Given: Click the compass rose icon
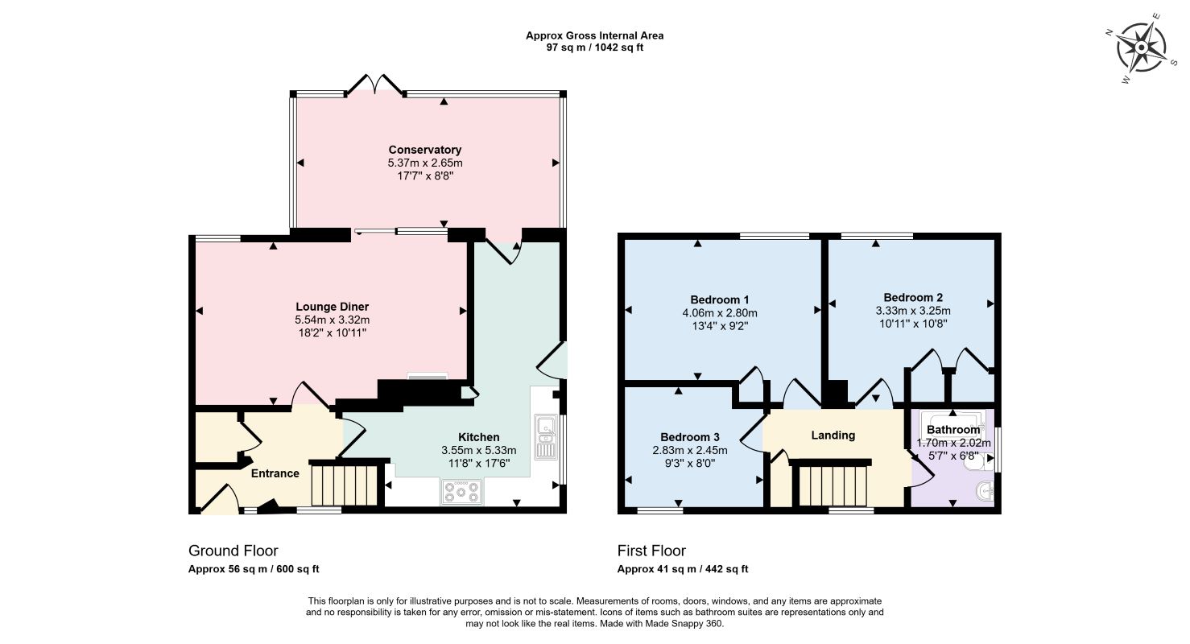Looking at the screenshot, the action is click(1141, 48).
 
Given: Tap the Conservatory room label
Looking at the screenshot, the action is click(424, 150).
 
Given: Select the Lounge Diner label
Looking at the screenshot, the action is click(332, 307).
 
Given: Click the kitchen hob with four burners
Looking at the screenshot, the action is click(461, 492).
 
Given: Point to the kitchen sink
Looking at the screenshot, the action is click(544, 436).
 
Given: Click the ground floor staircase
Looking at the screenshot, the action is click(345, 485).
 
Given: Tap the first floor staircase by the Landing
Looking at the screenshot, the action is click(833, 485).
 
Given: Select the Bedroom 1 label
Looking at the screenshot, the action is click(719, 299).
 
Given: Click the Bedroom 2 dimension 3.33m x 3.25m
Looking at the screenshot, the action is click(913, 311).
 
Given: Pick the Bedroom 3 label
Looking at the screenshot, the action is click(689, 437).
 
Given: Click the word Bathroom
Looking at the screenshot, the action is click(953, 429).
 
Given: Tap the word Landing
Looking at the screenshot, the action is click(833, 436).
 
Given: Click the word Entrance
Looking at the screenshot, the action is click(275, 473).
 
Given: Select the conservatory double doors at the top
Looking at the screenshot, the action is click(375, 85).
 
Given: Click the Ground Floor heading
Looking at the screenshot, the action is click(233, 551).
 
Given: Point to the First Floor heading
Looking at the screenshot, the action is click(651, 551).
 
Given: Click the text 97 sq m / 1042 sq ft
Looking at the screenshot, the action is click(594, 47).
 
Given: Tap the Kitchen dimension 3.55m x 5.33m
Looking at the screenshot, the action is click(478, 451).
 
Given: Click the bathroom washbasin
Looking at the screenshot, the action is click(985, 492).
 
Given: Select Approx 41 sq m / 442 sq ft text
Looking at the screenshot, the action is click(683, 569).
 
